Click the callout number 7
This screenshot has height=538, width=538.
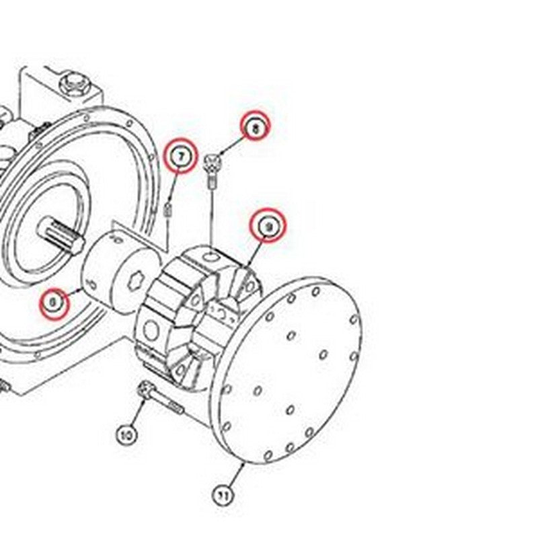180,156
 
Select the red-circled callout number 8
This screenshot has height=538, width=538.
255,126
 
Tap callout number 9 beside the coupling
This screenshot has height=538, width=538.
268,227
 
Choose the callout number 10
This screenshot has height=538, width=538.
127,435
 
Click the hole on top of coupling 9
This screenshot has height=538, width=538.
210,256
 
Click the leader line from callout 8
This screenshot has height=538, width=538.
233,143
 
